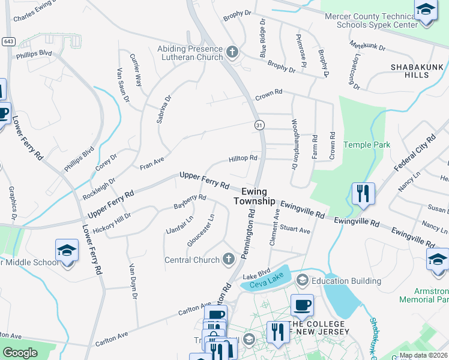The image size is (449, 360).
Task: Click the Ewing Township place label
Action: tap(258, 196)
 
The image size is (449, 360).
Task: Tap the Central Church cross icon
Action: tap(228, 260)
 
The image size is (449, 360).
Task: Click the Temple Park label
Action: tap(366, 145)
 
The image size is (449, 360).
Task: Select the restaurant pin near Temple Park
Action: tap(363, 194)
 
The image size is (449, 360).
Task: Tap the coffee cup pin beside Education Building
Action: tap(303, 305)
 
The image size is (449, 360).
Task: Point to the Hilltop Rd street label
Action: tap(243, 159)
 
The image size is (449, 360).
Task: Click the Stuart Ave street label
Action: tap(295, 230)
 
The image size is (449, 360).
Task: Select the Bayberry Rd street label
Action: tap(190, 201)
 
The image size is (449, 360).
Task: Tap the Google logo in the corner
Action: tap(20, 353)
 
